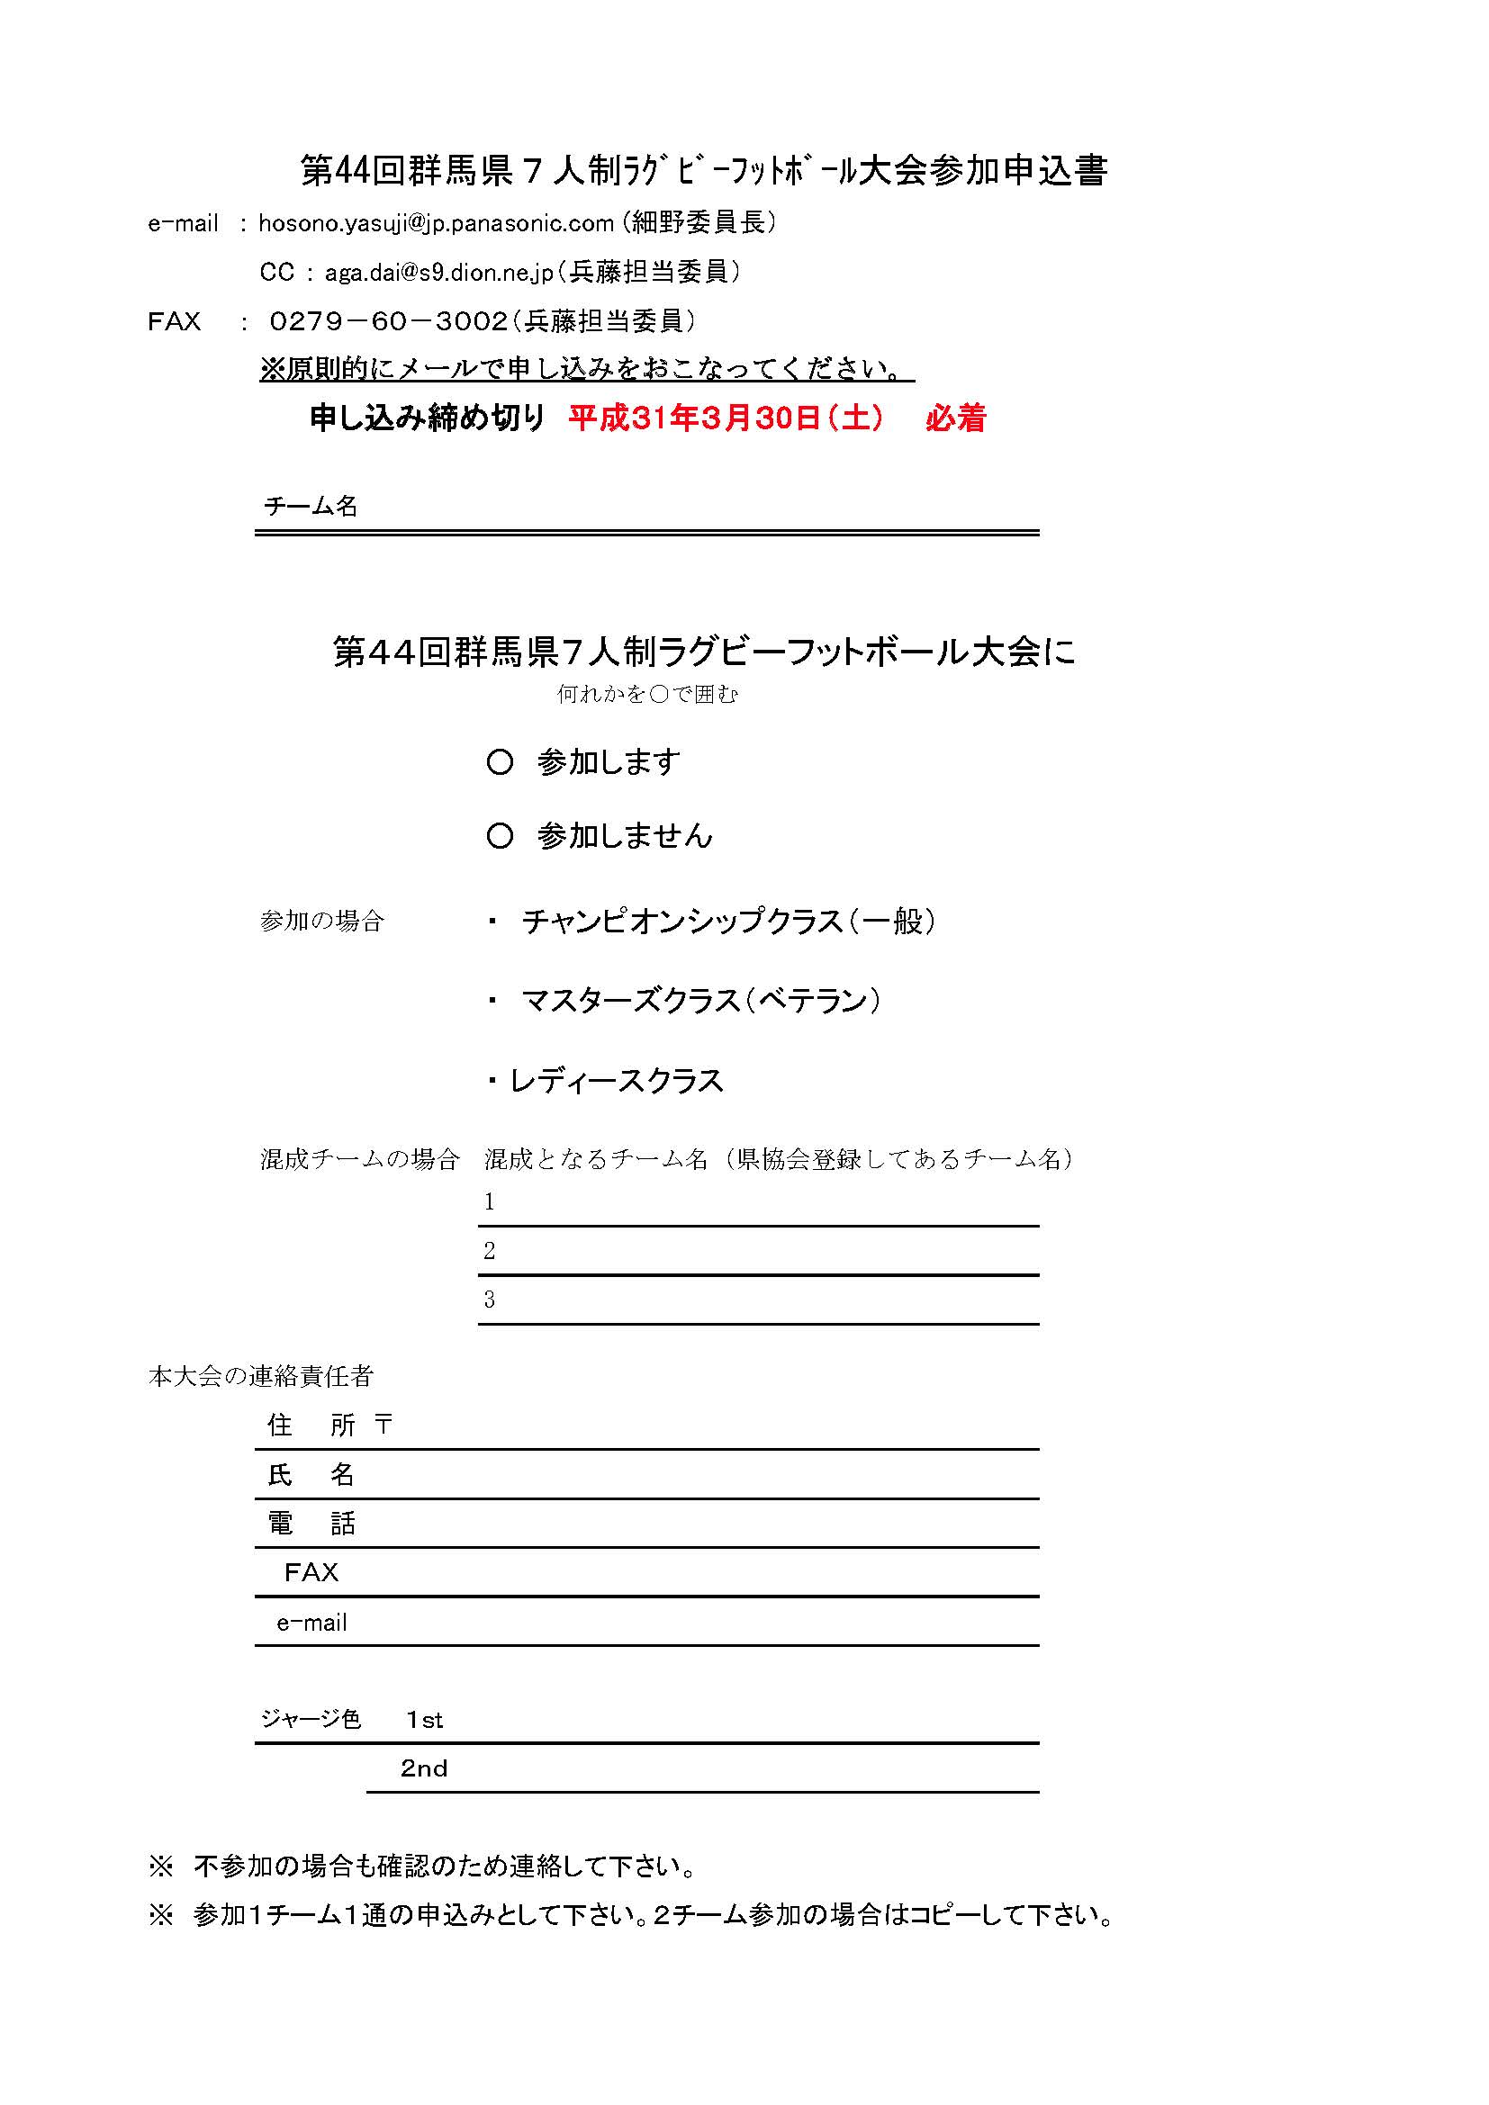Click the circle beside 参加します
(x=500, y=763)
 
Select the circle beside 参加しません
(x=500, y=836)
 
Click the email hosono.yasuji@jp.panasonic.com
(x=436, y=224)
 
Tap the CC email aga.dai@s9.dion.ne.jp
(x=439, y=273)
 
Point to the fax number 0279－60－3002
(x=389, y=322)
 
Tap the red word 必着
(x=955, y=419)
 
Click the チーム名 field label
(x=310, y=506)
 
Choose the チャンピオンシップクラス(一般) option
(x=728, y=922)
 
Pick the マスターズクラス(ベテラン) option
(x=700, y=1000)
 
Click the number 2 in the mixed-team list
(x=490, y=1252)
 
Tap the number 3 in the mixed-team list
(x=490, y=1300)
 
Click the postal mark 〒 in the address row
(x=384, y=1425)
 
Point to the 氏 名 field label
(x=310, y=1475)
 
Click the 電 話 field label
(x=310, y=1524)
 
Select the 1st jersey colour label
(x=425, y=1721)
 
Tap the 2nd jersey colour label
(x=424, y=1769)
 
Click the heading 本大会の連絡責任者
(x=260, y=1376)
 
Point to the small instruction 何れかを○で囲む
(x=647, y=695)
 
